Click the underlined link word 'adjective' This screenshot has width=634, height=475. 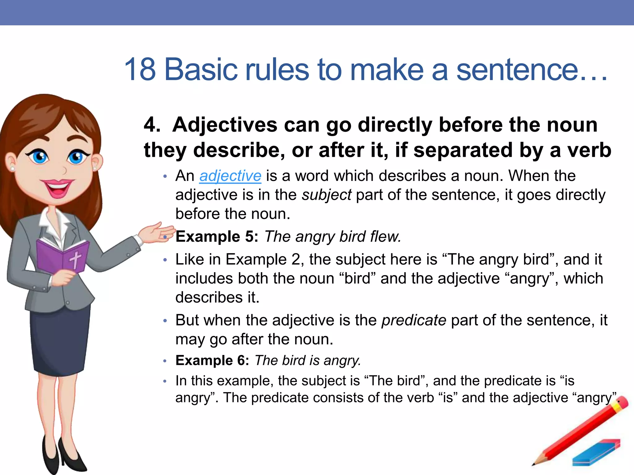pos(230,176)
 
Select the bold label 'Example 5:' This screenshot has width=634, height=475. pos(217,237)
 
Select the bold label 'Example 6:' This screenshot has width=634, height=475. pos(212,361)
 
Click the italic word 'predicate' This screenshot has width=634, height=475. pos(414,320)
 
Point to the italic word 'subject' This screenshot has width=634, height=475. pos(327,195)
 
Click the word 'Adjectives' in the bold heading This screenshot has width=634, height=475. pos(225,125)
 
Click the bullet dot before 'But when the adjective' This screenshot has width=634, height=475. pos(165,321)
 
